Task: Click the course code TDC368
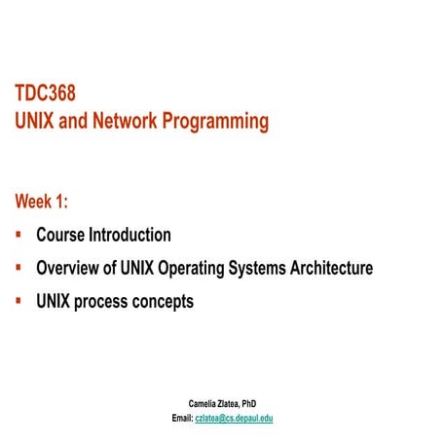coord(45,93)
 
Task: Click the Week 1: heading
coord(42,202)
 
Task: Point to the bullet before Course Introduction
coord(19,235)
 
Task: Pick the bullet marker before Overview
coord(19,268)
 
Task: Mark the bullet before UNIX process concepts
coord(19,301)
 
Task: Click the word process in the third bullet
coord(107,302)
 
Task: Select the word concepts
coord(166,302)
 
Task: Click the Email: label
coord(181,418)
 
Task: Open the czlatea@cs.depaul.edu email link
coord(234,418)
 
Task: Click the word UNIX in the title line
coord(35,122)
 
